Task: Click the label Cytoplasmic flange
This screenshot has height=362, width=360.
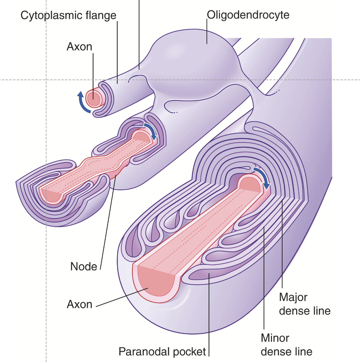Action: click(68, 15)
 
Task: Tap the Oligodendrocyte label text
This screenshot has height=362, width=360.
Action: click(248, 15)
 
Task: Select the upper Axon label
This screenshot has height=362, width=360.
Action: click(80, 47)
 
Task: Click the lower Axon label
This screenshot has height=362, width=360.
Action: click(80, 304)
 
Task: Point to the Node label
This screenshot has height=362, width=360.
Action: click(84, 266)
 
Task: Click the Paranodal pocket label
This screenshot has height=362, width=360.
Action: click(162, 352)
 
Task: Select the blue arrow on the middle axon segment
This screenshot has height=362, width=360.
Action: click(151, 131)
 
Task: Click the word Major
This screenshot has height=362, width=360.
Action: click(293, 297)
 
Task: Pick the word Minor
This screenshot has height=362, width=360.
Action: click(275, 338)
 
